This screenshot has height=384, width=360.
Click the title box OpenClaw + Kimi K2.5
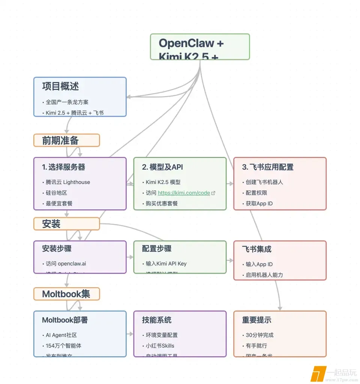[x=199, y=47]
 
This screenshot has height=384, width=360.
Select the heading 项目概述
[x=60, y=86]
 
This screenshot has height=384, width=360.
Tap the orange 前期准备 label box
[x=66, y=140]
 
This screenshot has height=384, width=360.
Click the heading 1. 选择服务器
[x=64, y=167]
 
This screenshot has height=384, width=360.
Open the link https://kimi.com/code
[x=184, y=193]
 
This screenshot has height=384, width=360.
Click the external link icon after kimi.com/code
[x=213, y=193]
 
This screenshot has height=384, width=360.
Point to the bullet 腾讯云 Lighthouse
[x=68, y=182]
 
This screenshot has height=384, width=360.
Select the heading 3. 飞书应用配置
[x=268, y=167]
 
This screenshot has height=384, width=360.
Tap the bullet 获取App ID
[x=259, y=203]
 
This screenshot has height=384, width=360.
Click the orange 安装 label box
[x=66, y=224]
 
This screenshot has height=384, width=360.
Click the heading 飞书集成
[x=256, y=249]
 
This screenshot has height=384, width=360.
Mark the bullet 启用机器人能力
[x=264, y=275]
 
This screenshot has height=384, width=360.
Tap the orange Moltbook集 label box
[x=66, y=294]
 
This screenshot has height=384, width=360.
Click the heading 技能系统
[x=157, y=320]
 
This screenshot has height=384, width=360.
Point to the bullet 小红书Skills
[x=160, y=346]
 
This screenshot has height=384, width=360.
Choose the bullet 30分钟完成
[x=259, y=335]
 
